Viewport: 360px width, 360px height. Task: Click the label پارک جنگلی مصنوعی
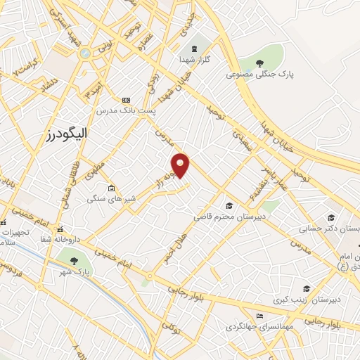pyautogui.click(x=258, y=73)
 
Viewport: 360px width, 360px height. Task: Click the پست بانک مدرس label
pyautogui.click(x=127, y=110)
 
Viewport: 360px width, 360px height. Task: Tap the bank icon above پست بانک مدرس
pyautogui.click(x=127, y=100)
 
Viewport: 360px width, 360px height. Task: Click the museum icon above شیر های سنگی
pyautogui.click(x=112, y=188)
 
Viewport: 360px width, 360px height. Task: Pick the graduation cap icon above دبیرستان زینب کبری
pyautogui.click(x=307, y=288)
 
